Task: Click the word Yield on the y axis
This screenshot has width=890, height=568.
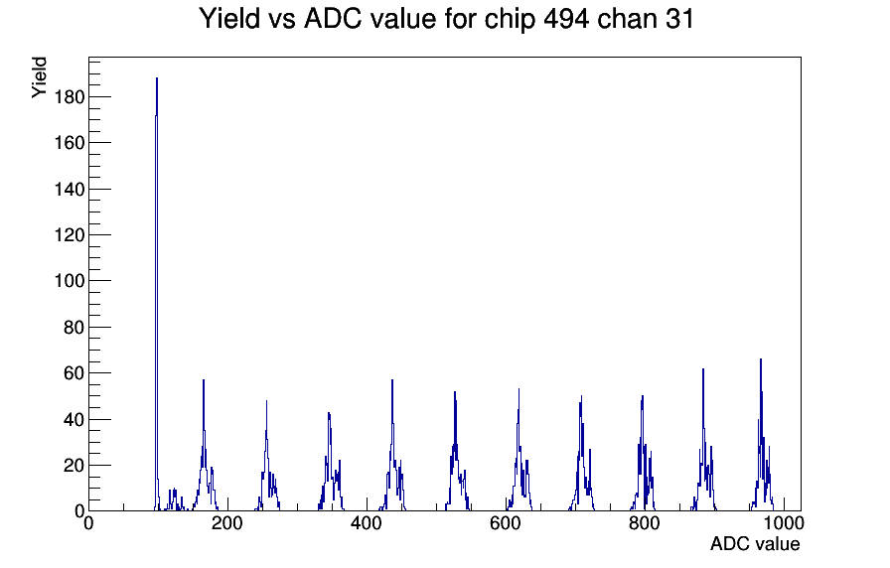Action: pos(39,77)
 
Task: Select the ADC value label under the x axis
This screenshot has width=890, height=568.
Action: pos(755,543)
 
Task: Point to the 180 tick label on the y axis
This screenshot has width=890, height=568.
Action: pos(70,97)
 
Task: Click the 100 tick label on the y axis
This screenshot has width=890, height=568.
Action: pos(70,281)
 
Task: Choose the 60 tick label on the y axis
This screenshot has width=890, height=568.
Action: pos(74,373)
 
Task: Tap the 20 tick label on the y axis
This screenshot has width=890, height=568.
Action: pos(74,466)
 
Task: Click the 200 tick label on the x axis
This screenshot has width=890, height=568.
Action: pos(227,523)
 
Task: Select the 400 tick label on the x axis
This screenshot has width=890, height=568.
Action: pos(367,523)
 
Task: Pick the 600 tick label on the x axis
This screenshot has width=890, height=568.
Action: pos(506,523)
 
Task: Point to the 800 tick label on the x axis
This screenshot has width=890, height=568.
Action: pos(645,523)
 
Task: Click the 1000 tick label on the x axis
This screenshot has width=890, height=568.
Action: pos(784,523)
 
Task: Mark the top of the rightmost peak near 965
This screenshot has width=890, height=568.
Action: pos(761,359)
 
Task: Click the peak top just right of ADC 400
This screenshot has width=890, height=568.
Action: pos(392,380)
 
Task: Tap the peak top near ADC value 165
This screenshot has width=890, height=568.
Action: pos(204,380)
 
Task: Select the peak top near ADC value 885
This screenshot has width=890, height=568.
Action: pos(702,369)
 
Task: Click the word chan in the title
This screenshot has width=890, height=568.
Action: pos(624,19)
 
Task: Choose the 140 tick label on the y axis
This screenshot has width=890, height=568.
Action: pos(70,189)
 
